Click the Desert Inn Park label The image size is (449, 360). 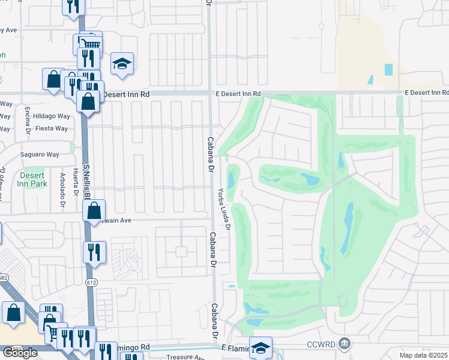(x=32, y=179)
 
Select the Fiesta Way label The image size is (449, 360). (x=51, y=128)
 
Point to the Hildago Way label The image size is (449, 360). (x=51, y=116)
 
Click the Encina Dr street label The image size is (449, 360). (x=28, y=120)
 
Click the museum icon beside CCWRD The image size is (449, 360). (x=345, y=343)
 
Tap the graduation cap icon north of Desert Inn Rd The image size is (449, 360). (x=122, y=63)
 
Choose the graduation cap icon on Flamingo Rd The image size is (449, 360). (x=261, y=347)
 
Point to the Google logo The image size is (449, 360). (x=20, y=353)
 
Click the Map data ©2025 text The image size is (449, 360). (x=424, y=355)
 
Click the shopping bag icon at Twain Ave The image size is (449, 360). (x=94, y=211)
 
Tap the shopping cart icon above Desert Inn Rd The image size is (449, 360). (x=90, y=44)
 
